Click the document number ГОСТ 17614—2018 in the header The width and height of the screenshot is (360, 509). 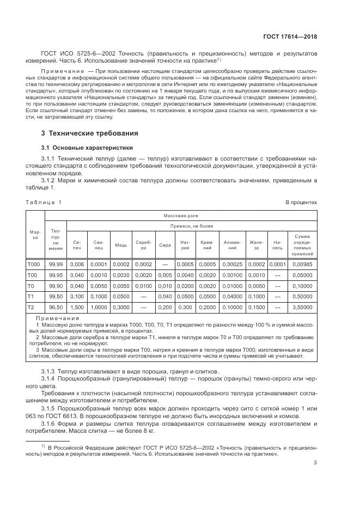point(289,38)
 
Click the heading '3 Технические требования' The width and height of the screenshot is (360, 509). point(90,133)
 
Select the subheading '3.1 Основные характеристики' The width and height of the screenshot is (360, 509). point(83,148)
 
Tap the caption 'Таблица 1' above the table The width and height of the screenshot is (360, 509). point(44,202)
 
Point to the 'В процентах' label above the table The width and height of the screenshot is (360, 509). point(302,202)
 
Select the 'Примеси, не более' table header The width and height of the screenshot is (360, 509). point(193,226)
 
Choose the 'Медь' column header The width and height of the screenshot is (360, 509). point(121,245)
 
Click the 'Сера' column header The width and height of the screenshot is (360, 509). point(165,245)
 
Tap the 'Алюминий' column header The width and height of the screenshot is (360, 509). point(232,244)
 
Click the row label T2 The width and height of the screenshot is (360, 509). point(31,308)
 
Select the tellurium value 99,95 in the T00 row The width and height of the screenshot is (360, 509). point(56,275)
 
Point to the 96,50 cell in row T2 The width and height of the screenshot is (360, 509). point(56,308)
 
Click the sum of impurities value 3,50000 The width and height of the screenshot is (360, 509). point(303,308)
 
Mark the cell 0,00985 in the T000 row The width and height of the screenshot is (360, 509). point(303,264)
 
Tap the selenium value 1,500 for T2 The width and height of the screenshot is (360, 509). point(77,308)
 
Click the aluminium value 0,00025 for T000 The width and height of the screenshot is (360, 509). point(232,264)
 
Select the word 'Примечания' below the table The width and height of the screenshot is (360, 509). point(54,318)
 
